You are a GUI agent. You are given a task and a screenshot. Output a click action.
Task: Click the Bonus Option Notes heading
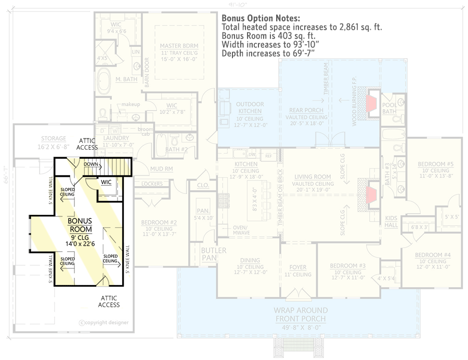point(257,18)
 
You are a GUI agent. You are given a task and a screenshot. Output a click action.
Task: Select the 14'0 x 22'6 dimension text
point(80,242)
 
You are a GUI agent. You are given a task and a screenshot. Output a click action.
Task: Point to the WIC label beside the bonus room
point(106,182)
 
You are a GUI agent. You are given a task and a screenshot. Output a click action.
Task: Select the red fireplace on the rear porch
point(372,103)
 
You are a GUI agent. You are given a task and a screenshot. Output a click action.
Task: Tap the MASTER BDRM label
point(179,46)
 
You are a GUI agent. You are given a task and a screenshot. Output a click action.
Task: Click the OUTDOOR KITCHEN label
point(250,108)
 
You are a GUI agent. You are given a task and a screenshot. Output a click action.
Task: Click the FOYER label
point(298,267)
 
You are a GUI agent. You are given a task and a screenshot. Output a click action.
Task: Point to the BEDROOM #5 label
point(435,164)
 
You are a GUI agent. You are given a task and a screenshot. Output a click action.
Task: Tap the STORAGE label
point(54,139)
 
